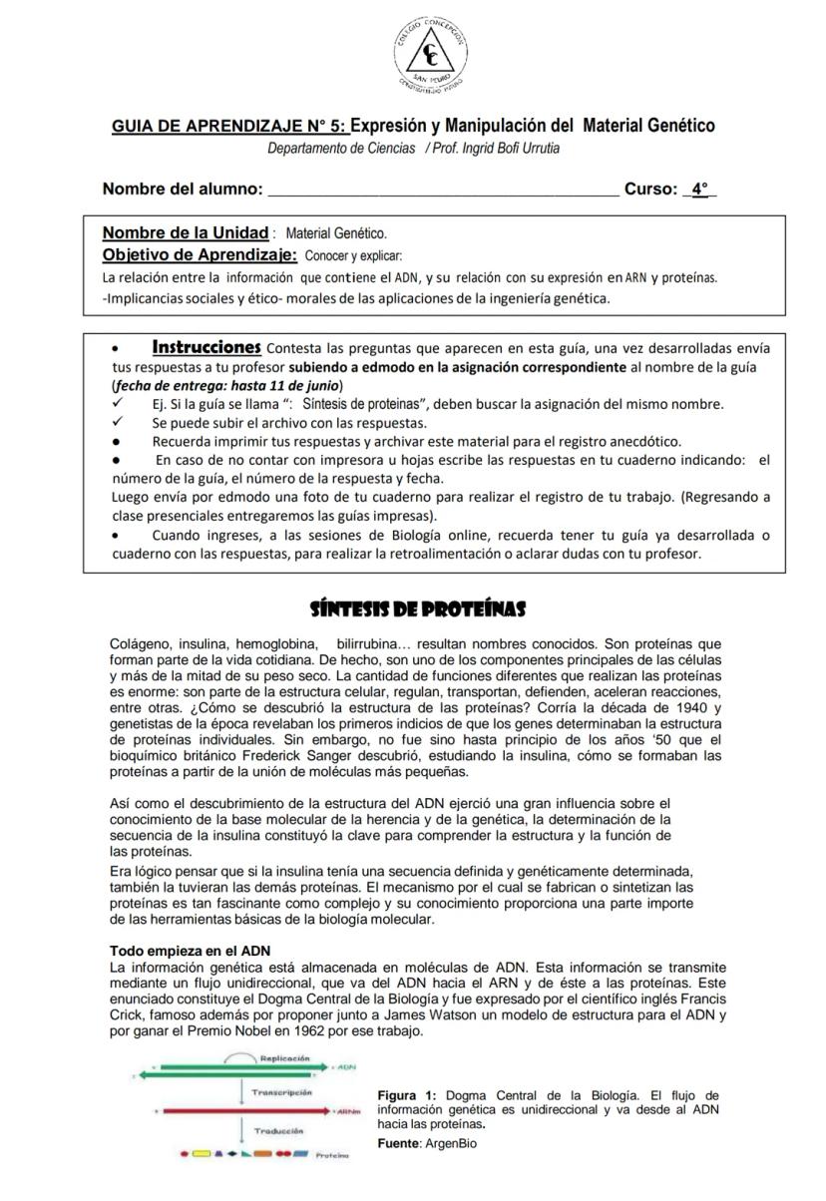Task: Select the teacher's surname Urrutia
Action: [536, 149]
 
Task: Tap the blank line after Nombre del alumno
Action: [444, 190]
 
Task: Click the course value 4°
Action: [700, 190]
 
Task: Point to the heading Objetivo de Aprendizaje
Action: [200, 254]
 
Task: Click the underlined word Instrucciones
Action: [206, 348]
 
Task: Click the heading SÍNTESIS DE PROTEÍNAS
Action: [418, 608]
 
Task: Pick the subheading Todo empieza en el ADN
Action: [190, 952]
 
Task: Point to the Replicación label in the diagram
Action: [285, 1058]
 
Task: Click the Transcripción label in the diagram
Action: [282, 1092]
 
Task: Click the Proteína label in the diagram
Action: [331, 1156]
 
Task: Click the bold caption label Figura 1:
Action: [407, 1096]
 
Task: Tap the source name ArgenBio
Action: [450, 1143]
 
